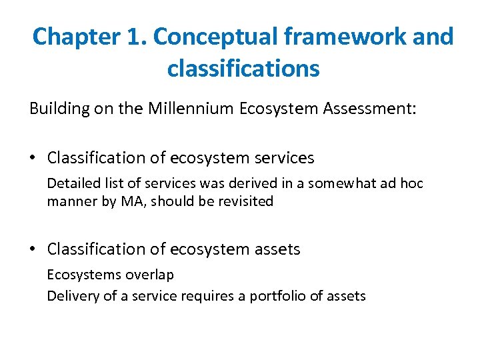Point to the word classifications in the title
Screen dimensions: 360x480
(243, 68)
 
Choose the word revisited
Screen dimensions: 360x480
(245, 201)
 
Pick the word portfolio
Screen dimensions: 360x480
(278, 295)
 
